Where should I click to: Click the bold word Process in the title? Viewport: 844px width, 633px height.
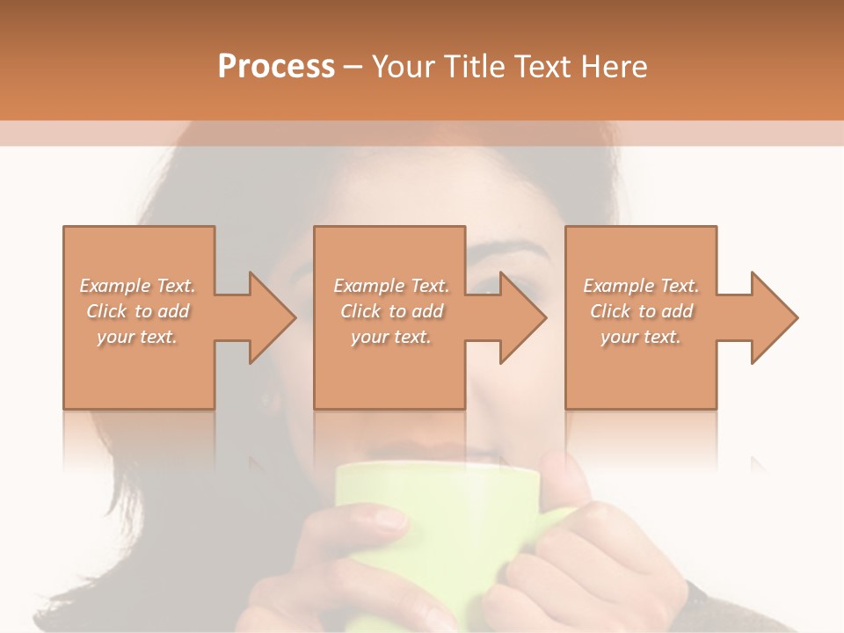point(276,67)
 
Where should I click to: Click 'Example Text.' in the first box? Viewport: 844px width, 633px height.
point(137,286)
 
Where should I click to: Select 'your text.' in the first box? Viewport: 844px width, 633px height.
point(137,337)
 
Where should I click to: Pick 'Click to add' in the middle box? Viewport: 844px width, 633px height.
point(391,311)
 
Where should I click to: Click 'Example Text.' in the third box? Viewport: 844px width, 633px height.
point(641,286)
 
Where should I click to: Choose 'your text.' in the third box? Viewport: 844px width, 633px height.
point(641,337)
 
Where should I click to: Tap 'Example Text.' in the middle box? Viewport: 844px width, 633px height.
point(391,286)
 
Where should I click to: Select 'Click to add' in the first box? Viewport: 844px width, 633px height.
point(137,311)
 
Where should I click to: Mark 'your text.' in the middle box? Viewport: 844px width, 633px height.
point(391,337)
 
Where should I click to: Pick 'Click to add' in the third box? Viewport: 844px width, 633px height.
point(641,311)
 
